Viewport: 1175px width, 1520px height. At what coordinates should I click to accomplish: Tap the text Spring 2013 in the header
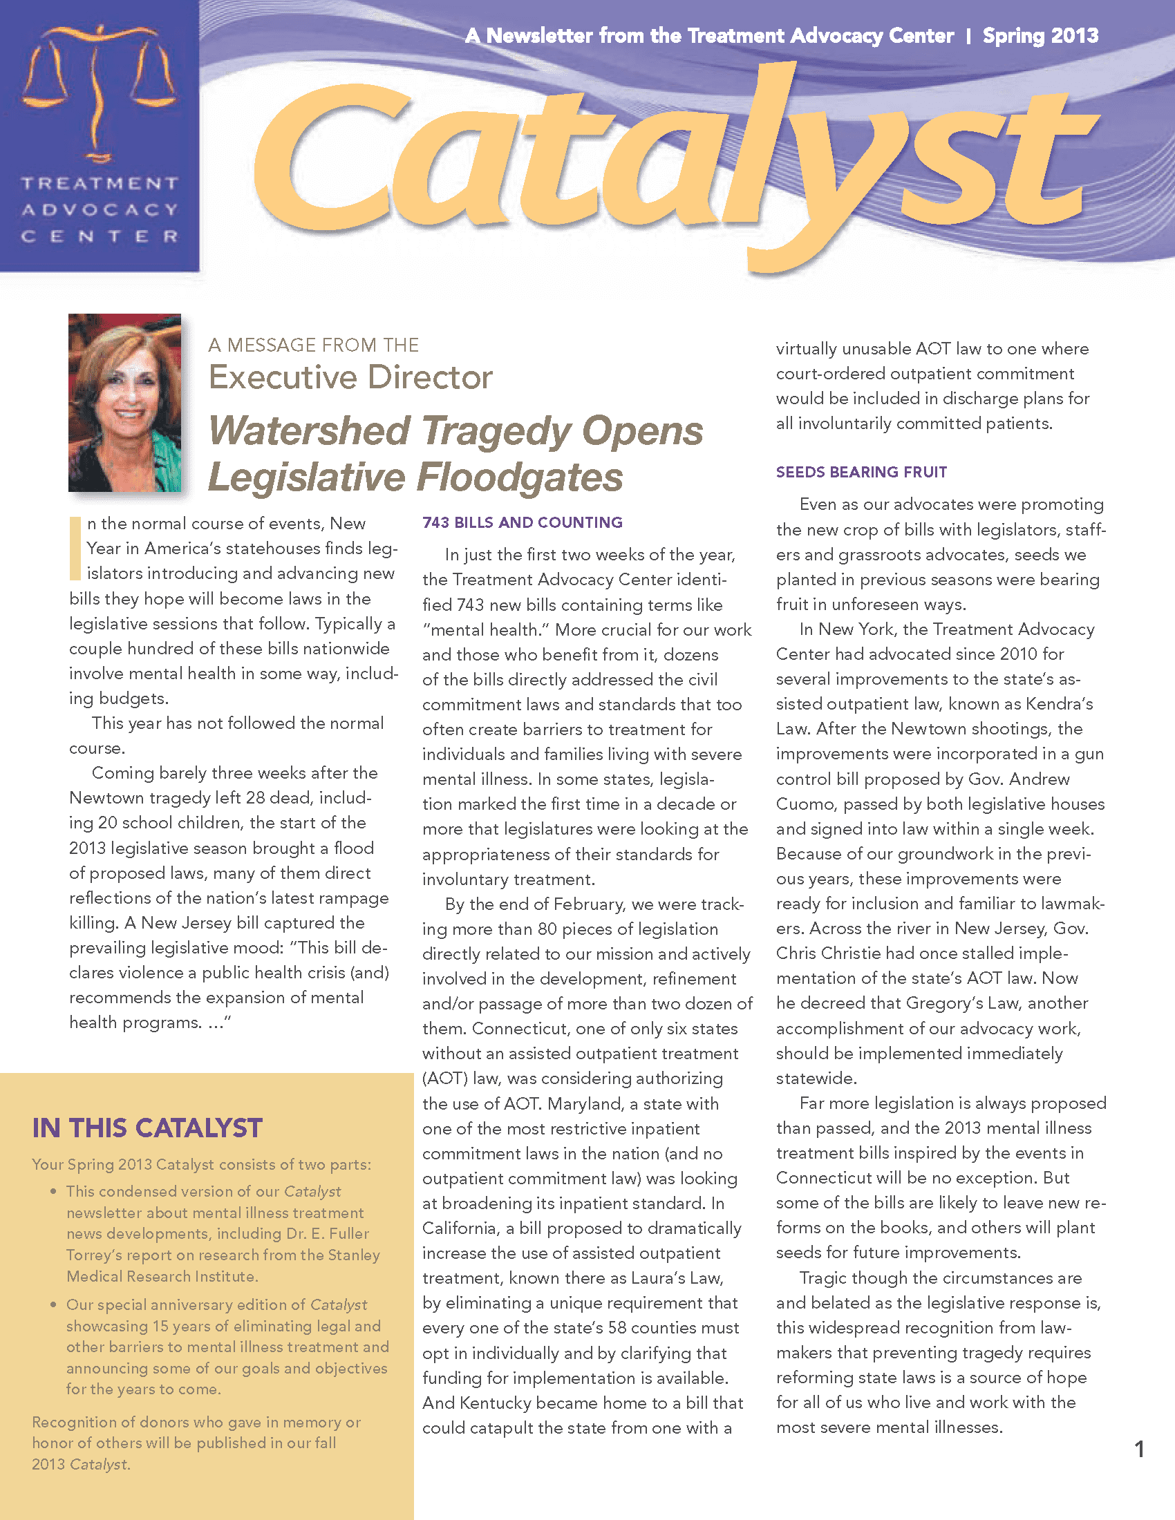[x=1040, y=35]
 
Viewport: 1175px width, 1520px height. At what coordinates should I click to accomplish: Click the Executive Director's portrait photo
[x=124, y=402]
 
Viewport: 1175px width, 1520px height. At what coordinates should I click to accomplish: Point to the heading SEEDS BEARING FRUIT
[x=861, y=472]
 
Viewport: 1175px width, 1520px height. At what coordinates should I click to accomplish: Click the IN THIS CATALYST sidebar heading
[x=147, y=1128]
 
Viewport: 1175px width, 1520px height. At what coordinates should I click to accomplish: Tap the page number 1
[x=1139, y=1449]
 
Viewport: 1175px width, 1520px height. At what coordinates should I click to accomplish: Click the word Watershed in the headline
[x=309, y=431]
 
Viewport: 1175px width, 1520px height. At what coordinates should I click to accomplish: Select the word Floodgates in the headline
[x=519, y=477]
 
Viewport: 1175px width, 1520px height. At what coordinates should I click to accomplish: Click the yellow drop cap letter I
[x=75, y=549]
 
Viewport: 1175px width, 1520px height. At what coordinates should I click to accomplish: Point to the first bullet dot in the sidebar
[x=53, y=1192]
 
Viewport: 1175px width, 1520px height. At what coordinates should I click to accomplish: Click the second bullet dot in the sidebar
[x=53, y=1304]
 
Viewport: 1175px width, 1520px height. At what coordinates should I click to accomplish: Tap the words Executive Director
[x=350, y=378]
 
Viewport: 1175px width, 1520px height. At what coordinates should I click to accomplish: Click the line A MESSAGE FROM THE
[x=313, y=345]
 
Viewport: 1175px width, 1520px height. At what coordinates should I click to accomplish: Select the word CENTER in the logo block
[x=99, y=236]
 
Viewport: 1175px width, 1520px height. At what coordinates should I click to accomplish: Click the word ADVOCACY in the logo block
[x=99, y=210]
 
